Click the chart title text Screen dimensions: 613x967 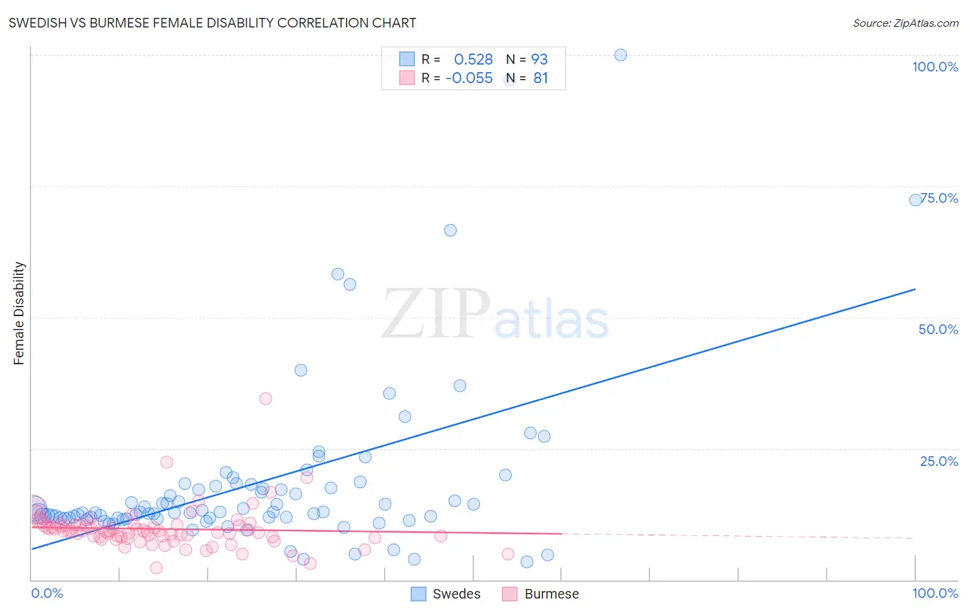coord(212,23)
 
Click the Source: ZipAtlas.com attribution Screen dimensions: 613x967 coord(905,23)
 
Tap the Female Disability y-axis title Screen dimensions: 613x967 coord(19,313)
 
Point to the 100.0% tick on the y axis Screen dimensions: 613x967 coord(935,67)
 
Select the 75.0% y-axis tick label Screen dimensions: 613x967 coord(939,198)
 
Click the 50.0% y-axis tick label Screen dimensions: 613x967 coord(938,329)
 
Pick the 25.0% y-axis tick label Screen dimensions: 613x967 coord(939,461)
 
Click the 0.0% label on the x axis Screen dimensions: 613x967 coord(47,594)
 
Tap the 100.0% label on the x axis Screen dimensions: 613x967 coord(935,594)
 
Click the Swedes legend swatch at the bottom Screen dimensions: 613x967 coord(418,594)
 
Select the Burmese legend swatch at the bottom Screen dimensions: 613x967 coord(510,594)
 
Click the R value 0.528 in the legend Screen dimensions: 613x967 coord(473,59)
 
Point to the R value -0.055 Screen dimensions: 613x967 coord(469,78)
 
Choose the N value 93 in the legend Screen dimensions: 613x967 coord(539,59)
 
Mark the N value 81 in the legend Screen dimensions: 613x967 coord(541,78)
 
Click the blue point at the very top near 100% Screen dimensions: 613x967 coord(620,55)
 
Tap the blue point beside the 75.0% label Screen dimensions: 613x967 coord(915,200)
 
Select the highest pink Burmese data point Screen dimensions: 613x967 coord(265,399)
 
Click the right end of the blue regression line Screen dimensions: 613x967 coord(915,289)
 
